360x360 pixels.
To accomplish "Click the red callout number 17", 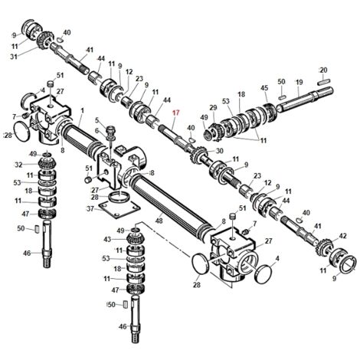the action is click(175, 113).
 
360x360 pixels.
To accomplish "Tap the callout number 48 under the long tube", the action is click(159, 220).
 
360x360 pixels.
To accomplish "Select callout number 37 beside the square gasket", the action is click(90, 209).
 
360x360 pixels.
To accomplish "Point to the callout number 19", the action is click(299, 82).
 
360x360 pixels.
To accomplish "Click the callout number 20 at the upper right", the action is click(323, 70).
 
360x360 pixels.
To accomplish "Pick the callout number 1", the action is click(82, 111).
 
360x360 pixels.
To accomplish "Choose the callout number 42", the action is click(342, 236).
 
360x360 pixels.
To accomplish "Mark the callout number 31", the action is click(14, 57).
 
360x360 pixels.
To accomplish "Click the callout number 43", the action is click(108, 240).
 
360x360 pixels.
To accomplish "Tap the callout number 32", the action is click(18, 165).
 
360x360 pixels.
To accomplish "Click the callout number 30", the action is click(220, 151).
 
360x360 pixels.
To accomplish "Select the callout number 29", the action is click(213, 107).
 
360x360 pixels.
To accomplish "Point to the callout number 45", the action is click(264, 88).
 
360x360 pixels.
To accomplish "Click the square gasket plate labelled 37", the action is click(119, 208).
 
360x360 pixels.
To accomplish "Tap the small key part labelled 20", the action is click(324, 82).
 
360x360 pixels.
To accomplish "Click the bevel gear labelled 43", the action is click(136, 240).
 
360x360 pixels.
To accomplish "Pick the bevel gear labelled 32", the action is click(47, 164).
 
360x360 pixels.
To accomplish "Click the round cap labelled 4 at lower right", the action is click(264, 274).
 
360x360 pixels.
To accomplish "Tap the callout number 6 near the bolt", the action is click(97, 131).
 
